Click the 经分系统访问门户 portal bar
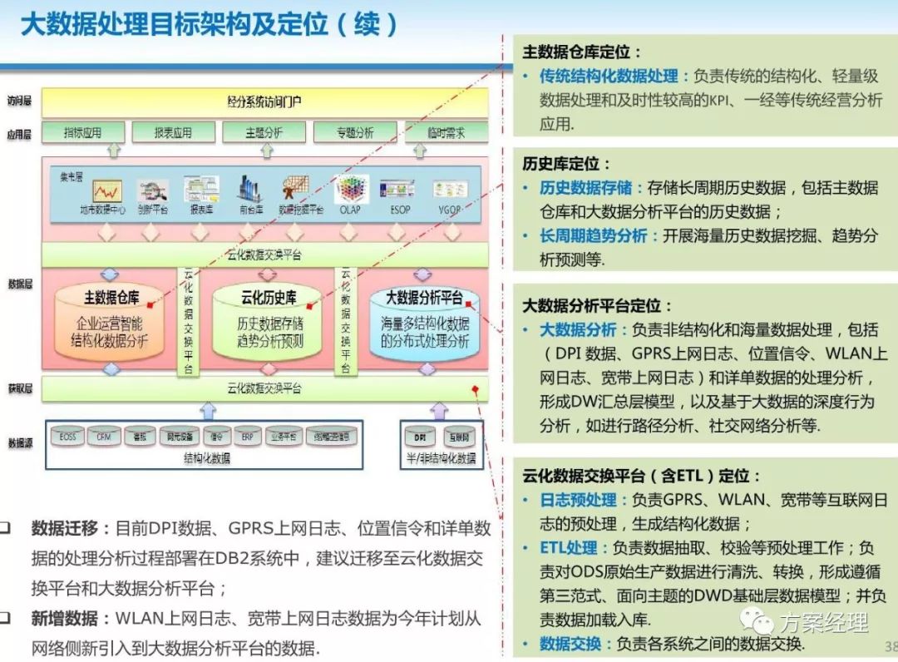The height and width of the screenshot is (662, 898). click(264, 101)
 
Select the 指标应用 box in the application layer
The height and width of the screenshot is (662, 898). click(82, 132)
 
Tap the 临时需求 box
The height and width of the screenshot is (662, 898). click(446, 132)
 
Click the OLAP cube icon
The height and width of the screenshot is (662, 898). click(352, 189)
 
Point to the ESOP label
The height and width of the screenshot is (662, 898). click(399, 210)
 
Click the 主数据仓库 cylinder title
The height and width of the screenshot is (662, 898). click(111, 297)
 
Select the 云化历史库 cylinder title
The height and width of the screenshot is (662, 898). click(269, 297)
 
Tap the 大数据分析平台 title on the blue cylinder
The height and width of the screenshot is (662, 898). click(424, 297)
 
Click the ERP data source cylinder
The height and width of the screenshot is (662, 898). click(247, 435)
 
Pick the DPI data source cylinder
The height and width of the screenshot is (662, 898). click(418, 435)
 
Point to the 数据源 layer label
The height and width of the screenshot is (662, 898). click(20, 442)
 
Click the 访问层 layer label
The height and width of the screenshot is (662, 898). click(20, 101)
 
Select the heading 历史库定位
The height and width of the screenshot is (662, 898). click(567, 164)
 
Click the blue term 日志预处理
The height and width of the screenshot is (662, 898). click(579, 500)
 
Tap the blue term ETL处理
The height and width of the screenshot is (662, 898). click(569, 548)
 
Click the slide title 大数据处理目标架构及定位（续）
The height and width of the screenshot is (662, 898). click(209, 24)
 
